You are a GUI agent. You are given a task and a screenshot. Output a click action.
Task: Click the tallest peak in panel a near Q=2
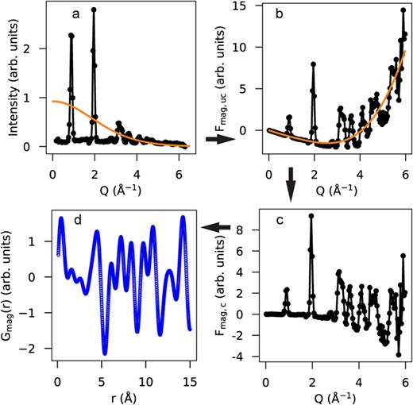[94, 10]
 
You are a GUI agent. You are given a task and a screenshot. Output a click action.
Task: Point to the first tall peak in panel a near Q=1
[71, 35]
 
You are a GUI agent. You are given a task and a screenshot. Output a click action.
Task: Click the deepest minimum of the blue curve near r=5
[105, 353]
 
